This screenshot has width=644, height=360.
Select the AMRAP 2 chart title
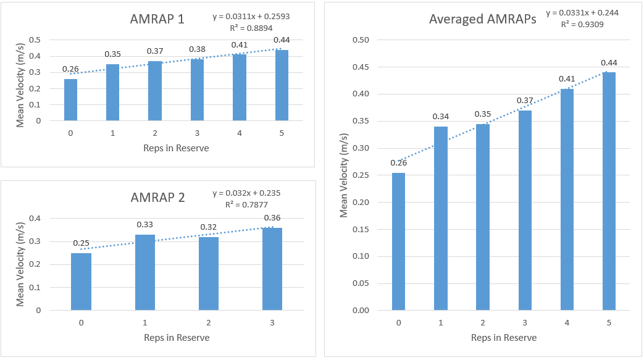tap(157, 198)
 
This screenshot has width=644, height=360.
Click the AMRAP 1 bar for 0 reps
tap(71, 100)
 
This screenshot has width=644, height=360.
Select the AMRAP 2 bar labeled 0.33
tap(145, 272)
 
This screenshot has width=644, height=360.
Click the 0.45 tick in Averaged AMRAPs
tap(360, 67)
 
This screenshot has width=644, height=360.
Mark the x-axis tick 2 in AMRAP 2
tap(209, 322)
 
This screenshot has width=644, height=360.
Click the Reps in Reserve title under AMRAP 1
tap(177, 148)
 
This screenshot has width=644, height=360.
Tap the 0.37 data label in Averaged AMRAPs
tap(525, 101)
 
